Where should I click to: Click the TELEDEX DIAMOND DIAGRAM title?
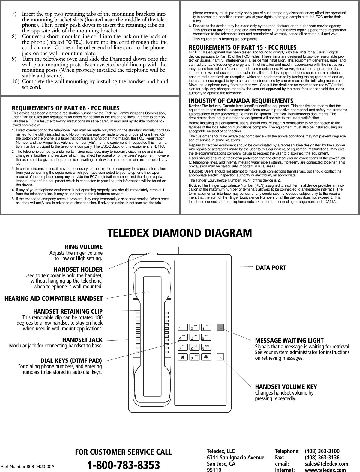[x=180, y=233]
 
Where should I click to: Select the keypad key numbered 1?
[x=184, y=327]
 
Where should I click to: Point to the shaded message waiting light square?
[x=220, y=327]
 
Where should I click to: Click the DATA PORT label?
[x=271, y=267]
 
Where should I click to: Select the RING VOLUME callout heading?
[x=86, y=247]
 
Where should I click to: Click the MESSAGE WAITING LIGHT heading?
[x=289, y=341]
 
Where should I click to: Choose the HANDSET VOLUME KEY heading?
[x=286, y=386]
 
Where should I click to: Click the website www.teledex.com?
[x=325, y=470]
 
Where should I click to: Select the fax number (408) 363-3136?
[x=322, y=458]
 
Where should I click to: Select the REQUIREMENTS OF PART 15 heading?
[x=242, y=47]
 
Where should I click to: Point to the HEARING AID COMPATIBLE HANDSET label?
[x=53, y=298]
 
